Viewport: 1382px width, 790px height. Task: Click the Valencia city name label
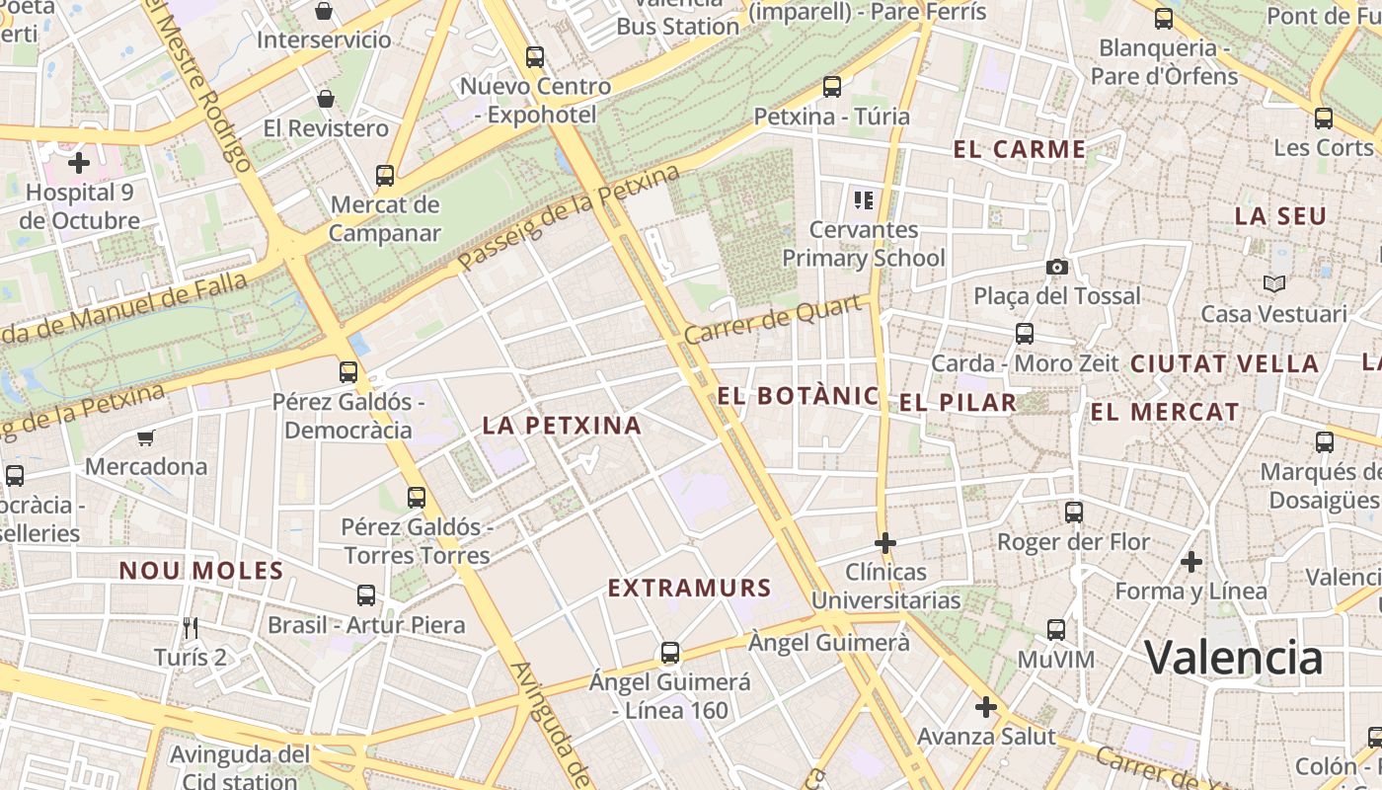coord(1233,658)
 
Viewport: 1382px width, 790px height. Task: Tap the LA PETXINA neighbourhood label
coord(562,426)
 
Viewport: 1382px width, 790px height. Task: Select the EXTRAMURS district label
coord(689,589)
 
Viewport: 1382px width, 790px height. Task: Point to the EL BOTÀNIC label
coord(798,397)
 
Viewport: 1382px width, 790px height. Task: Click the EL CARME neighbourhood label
coord(1020,150)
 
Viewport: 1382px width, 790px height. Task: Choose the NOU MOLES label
coord(201,571)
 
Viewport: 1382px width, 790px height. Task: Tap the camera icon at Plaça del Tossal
coord(1057,268)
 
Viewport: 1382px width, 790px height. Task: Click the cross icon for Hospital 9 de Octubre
coord(79,163)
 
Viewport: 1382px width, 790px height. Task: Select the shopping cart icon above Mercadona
coord(146,437)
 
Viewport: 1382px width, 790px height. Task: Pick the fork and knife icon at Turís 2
coord(191,627)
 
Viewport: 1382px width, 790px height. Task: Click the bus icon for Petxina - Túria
coord(832,87)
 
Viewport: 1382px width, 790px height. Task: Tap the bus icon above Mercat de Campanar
coord(385,176)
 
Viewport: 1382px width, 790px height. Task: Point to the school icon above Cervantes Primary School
coord(864,201)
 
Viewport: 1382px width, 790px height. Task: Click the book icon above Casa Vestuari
coord(1274,284)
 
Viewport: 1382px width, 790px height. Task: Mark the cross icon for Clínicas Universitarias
coord(885,542)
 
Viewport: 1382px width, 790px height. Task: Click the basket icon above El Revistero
coord(326,99)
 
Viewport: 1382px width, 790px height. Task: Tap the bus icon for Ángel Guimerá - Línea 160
coord(670,653)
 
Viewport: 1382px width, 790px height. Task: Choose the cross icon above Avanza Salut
coord(986,707)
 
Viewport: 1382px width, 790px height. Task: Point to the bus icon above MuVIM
coord(1056,630)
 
